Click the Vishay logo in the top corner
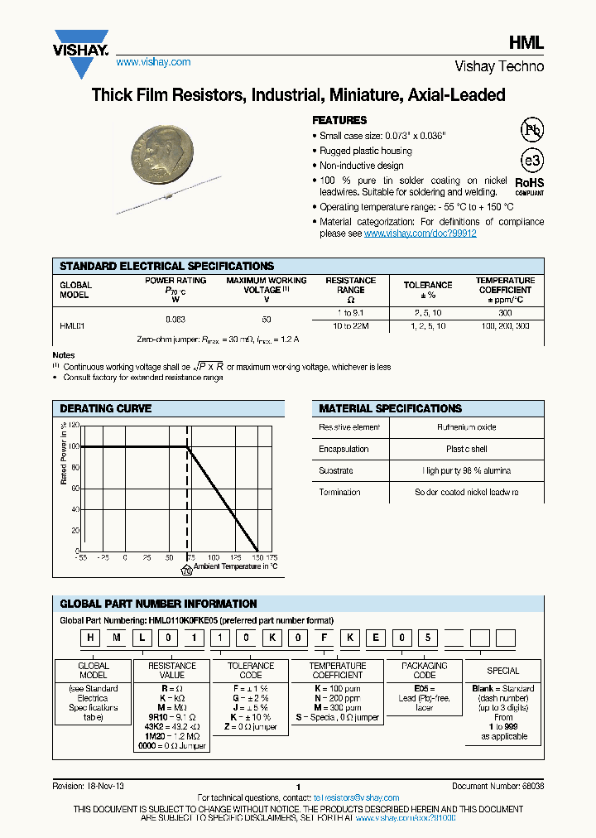coord(82,42)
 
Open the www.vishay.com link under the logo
coord(153,62)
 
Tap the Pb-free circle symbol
coord(531,131)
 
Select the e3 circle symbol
coord(531,161)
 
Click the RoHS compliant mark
coord(530,185)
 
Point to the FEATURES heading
coord(339,120)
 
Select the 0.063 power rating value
coord(175,319)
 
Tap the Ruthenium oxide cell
coord(467,427)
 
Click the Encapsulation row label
coord(344,449)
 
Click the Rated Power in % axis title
coord(63,453)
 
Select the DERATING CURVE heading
coord(106,408)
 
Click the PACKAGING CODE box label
coord(425,670)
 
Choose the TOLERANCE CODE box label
coord(251,670)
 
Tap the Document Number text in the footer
coord(497,786)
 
